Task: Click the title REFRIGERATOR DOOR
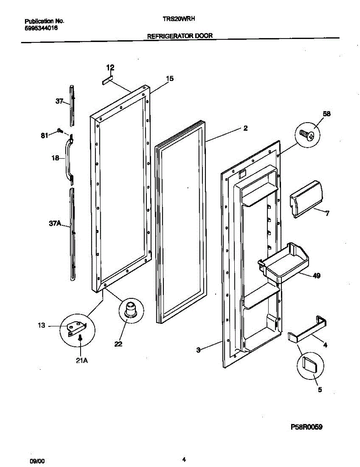click(179, 36)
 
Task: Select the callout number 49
click(316, 276)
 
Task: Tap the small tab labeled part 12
click(107, 81)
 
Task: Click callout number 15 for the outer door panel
click(169, 79)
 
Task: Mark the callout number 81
click(45, 135)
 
